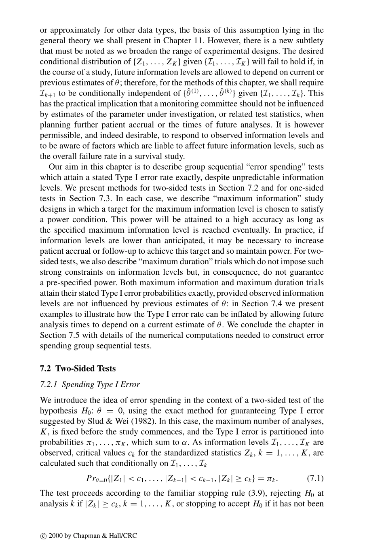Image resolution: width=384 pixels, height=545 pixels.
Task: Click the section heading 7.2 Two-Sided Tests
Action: pyautogui.click(x=78, y=369)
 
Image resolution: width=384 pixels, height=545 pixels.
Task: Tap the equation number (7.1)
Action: pyautogui.click(x=315, y=478)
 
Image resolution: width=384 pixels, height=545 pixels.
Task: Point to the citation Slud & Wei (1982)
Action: pyautogui.click(x=116, y=421)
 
